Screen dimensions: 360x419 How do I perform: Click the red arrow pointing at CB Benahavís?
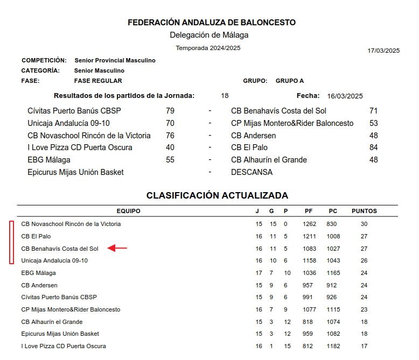tap(117, 248)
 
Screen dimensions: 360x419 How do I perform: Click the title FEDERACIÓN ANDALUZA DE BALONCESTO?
tap(212, 23)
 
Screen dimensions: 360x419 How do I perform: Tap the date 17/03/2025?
tap(383, 51)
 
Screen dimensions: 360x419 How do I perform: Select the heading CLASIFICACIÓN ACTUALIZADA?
tap(217, 195)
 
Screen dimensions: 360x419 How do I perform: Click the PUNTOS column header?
tap(364, 211)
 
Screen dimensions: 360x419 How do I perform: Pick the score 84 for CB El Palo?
tap(373, 147)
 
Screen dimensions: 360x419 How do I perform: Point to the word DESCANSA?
tap(252, 172)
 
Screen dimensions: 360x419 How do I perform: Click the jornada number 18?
tap(225, 96)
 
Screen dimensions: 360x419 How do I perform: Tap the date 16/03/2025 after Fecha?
tap(345, 96)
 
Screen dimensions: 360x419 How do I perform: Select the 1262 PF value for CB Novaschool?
tap(309, 224)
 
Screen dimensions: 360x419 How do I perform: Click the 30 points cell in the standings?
tap(364, 224)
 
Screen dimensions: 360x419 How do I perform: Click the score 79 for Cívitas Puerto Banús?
tap(170, 111)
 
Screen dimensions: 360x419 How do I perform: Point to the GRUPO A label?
tap(290, 81)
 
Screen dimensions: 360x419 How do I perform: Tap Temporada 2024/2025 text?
tap(208, 48)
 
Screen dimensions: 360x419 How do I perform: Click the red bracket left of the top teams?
tap(11, 242)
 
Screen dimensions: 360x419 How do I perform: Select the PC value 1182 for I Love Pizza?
tap(333, 346)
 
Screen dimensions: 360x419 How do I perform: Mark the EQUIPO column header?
tap(128, 211)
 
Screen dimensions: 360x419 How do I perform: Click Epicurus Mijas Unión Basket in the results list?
tap(75, 172)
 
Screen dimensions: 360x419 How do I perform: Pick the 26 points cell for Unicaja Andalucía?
tap(364, 260)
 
